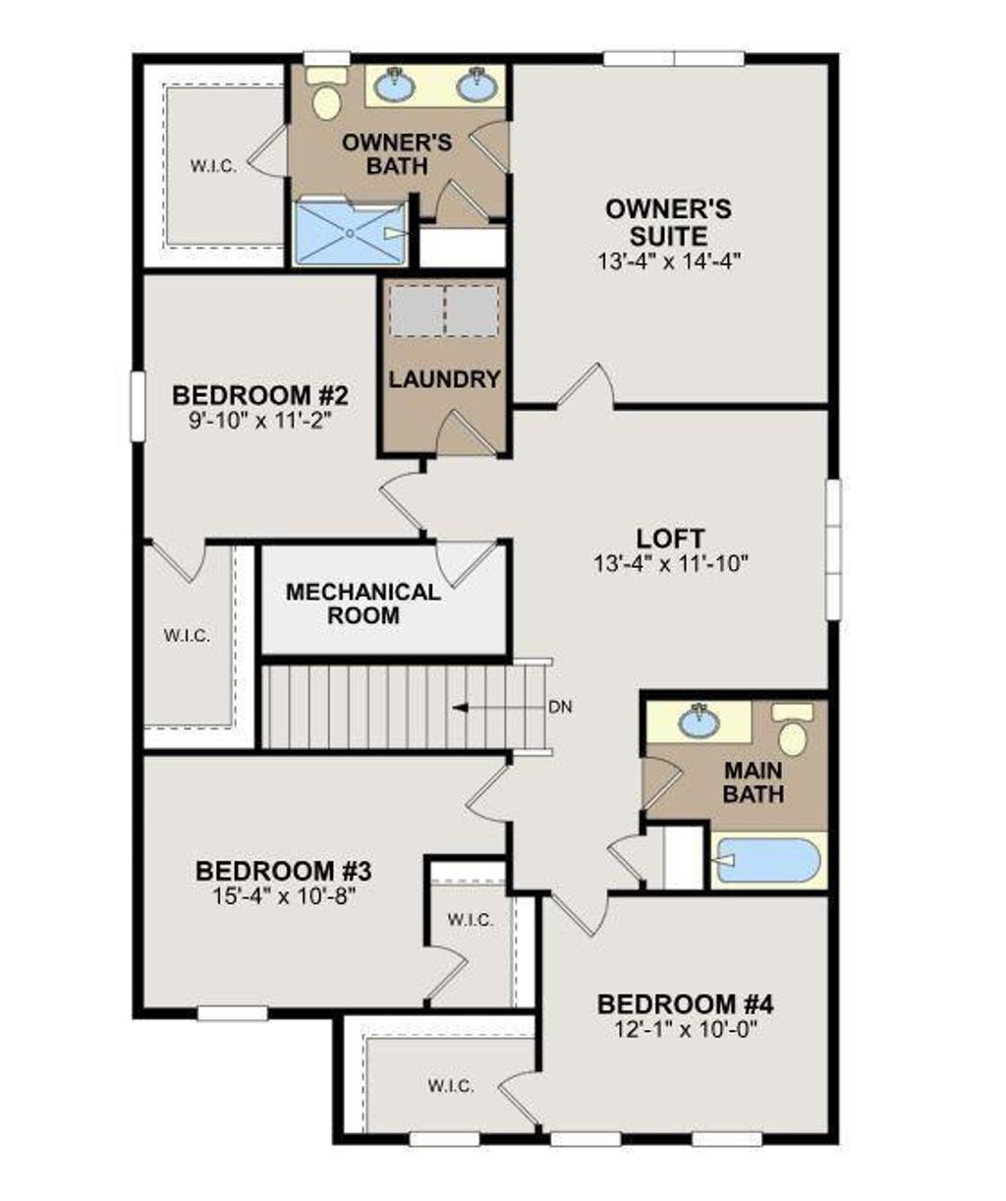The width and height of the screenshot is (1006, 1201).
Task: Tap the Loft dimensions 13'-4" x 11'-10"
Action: [671, 564]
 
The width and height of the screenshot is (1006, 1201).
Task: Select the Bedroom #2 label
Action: [260, 395]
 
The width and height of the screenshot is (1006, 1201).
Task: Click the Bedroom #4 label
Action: [685, 1004]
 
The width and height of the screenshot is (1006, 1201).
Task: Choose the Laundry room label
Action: [444, 379]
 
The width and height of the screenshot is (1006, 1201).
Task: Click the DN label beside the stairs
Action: [560, 707]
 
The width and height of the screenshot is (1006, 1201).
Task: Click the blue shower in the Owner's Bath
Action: [350, 233]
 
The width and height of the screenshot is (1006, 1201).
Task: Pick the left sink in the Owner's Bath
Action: [395, 85]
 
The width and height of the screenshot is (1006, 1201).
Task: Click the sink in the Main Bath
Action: [699, 720]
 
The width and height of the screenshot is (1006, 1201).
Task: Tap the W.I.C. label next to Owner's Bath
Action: [213, 166]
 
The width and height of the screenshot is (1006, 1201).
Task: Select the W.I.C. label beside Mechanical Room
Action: [187, 636]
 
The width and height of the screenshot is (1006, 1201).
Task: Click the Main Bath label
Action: [754, 781]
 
